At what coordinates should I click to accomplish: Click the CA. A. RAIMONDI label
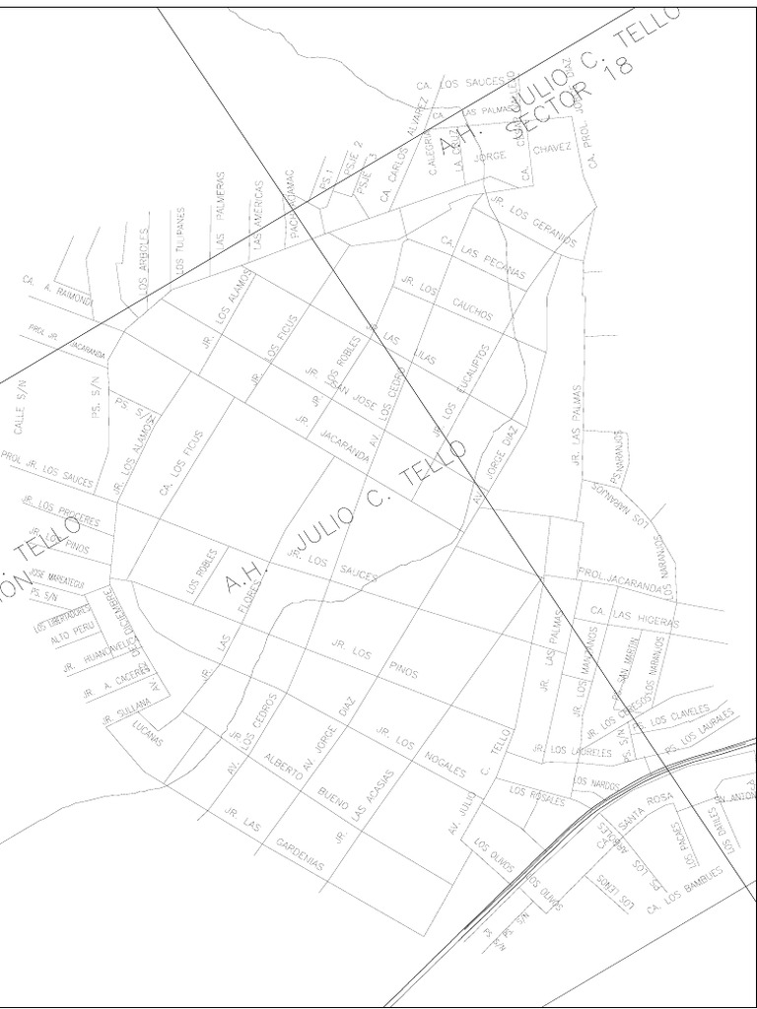[x=56, y=292]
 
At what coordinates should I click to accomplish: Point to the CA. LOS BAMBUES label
[x=684, y=889]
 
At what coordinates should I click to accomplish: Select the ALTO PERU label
[x=70, y=637]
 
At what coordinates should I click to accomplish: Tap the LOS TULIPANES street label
[x=180, y=241]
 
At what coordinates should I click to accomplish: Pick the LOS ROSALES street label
[x=537, y=795]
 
